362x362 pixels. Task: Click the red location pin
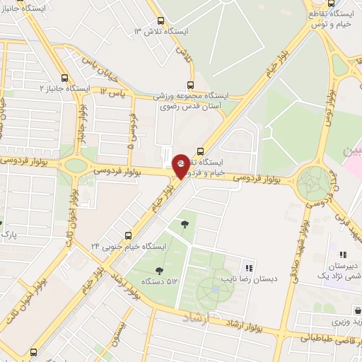(x=181, y=165)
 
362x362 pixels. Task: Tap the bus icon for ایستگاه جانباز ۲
(x=65, y=78)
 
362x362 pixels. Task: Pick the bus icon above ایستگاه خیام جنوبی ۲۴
(x=128, y=235)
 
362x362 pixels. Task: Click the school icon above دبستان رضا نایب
(x=248, y=268)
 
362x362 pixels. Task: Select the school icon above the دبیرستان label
(x=343, y=255)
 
